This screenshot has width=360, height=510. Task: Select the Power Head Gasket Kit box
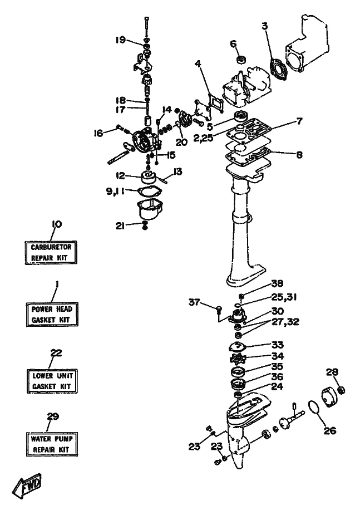(x=52, y=315)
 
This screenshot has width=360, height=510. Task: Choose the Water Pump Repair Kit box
(x=51, y=444)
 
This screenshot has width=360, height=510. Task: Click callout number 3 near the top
(x=265, y=26)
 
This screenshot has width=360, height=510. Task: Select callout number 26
(x=330, y=430)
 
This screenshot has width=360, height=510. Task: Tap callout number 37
(x=194, y=302)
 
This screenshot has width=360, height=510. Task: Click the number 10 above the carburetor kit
(x=57, y=224)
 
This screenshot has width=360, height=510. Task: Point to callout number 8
(x=299, y=155)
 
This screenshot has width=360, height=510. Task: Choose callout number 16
(x=98, y=133)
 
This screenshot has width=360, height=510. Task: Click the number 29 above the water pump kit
(x=53, y=416)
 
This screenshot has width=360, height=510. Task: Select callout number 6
(x=233, y=43)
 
